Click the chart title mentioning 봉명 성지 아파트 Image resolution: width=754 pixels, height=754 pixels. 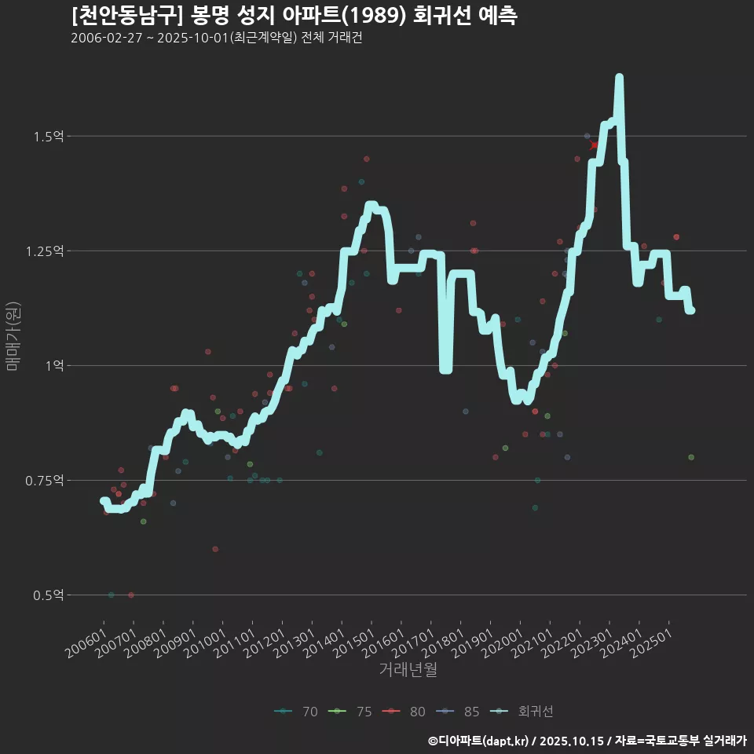294,16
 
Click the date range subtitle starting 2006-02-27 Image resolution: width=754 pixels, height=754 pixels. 216,38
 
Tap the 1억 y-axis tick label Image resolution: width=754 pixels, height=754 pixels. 54,366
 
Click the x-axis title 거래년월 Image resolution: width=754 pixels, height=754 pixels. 408,670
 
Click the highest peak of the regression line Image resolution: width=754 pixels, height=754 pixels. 619,77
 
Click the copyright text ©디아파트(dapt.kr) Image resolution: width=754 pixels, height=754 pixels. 480,741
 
